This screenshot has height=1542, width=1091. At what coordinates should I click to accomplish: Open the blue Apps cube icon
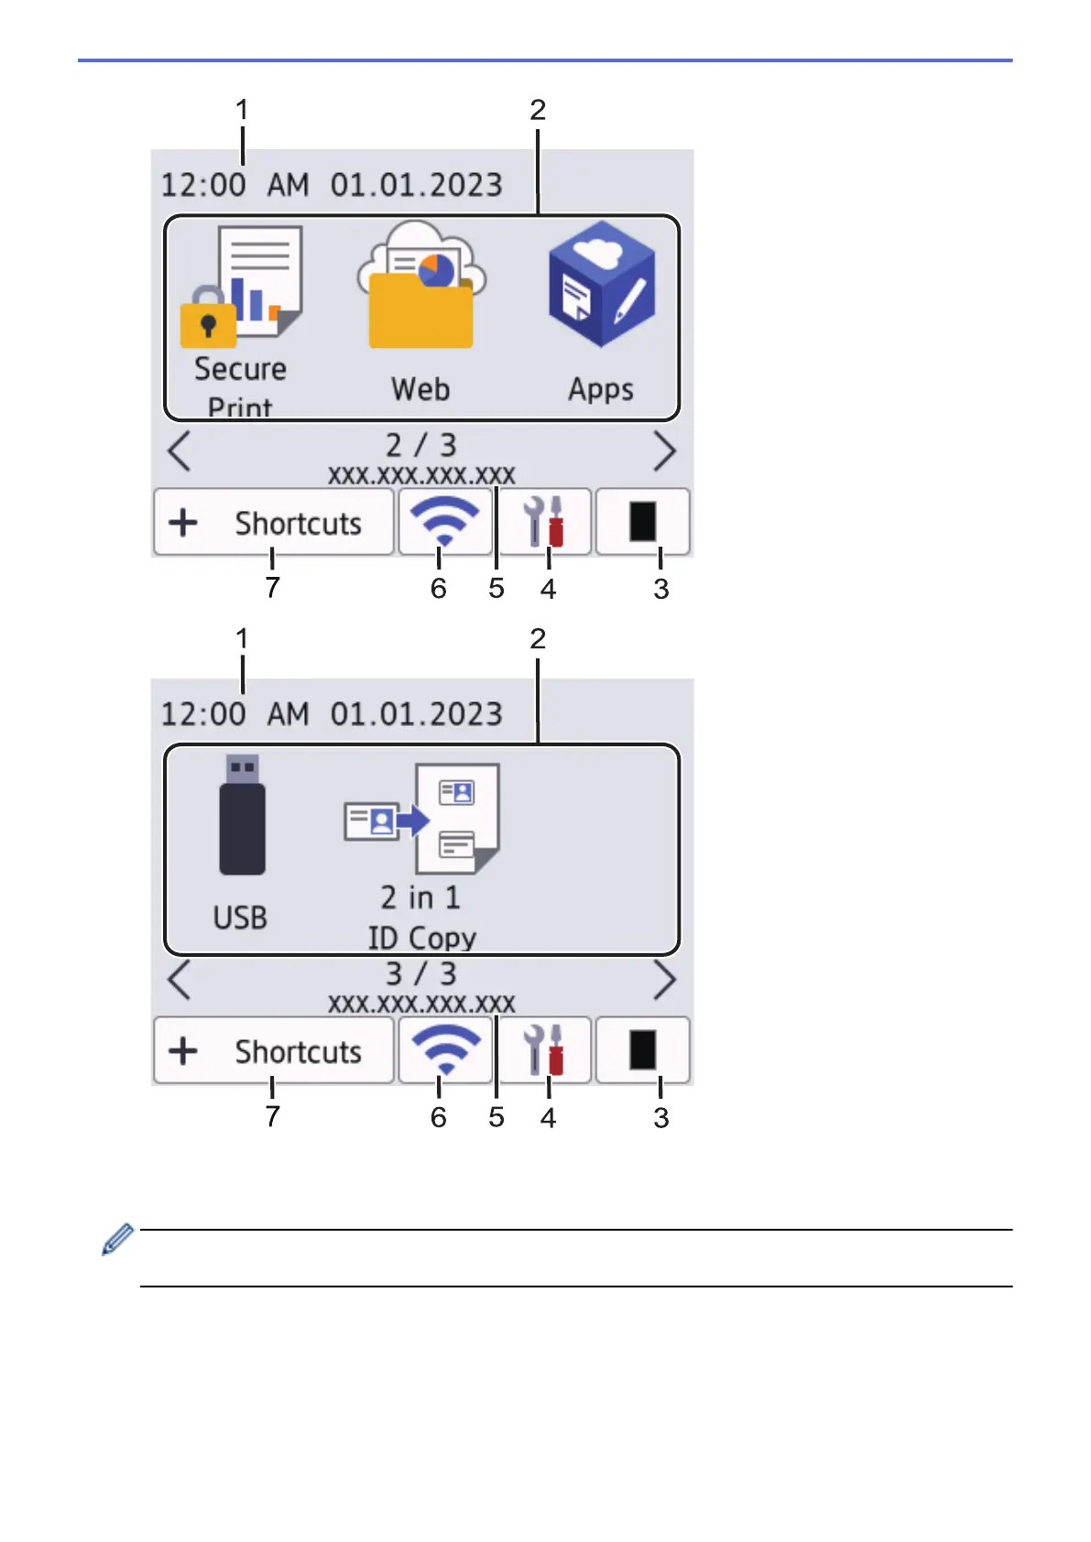pyautogui.click(x=601, y=284)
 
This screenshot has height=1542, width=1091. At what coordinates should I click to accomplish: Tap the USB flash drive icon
pyautogui.click(x=242, y=814)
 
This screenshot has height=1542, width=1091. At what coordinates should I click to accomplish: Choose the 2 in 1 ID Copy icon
pyautogui.click(x=422, y=818)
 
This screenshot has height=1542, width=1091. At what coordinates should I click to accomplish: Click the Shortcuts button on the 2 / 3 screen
pyautogui.click(x=274, y=523)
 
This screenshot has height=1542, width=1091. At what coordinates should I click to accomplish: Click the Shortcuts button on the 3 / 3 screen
pyautogui.click(x=274, y=1050)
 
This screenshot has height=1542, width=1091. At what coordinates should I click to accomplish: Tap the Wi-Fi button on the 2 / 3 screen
pyautogui.click(x=445, y=522)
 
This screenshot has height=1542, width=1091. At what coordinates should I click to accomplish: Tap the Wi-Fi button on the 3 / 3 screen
pyautogui.click(x=445, y=1050)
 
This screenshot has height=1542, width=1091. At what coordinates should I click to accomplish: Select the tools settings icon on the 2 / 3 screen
pyautogui.click(x=544, y=522)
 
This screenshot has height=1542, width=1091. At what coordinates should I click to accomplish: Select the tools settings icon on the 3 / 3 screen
pyautogui.click(x=544, y=1050)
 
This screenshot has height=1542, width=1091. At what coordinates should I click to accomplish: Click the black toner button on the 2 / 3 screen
pyautogui.click(x=643, y=522)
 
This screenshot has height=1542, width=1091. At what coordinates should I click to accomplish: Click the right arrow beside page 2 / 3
pyautogui.click(x=664, y=451)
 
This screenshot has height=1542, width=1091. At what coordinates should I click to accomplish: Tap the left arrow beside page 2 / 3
pyautogui.click(x=179, y=451)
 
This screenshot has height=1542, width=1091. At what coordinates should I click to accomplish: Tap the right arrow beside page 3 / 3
pyautogui.click(x=664, y=980)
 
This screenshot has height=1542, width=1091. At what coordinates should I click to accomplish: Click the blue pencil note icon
pyautogui.click(x=118, y=1239)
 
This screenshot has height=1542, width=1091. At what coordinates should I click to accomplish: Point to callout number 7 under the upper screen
pyautogui.click(x=273, y=588)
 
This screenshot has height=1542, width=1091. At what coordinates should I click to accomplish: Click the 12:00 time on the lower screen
pyautogui.click(x=203, y=714)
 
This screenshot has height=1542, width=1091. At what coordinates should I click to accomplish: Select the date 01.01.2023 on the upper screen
pyautogui.click(x=417, y=185)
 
